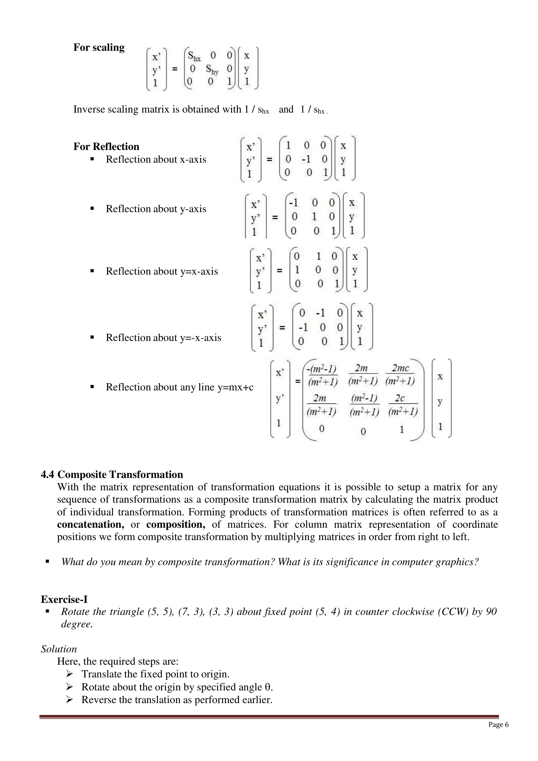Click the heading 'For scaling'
click(99, 48)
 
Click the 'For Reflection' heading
click(106, 146)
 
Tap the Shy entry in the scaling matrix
click(212, 69)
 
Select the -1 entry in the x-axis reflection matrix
click(306, 159)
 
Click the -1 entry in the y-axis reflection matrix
click(293, 202)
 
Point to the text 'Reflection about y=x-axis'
click(162, 271)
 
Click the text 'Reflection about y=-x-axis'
click(163, 337)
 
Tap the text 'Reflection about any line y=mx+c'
click(179, 387)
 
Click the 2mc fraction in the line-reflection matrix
click(400, 374)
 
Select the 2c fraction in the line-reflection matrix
click(402, 405)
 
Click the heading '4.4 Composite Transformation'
click(112, 474)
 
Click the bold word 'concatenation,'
click(90, 524)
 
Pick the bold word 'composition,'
click(176, 524)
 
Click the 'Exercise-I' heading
click(64, 599)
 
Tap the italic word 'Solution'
click(59, 649)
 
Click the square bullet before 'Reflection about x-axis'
click(92, 159)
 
